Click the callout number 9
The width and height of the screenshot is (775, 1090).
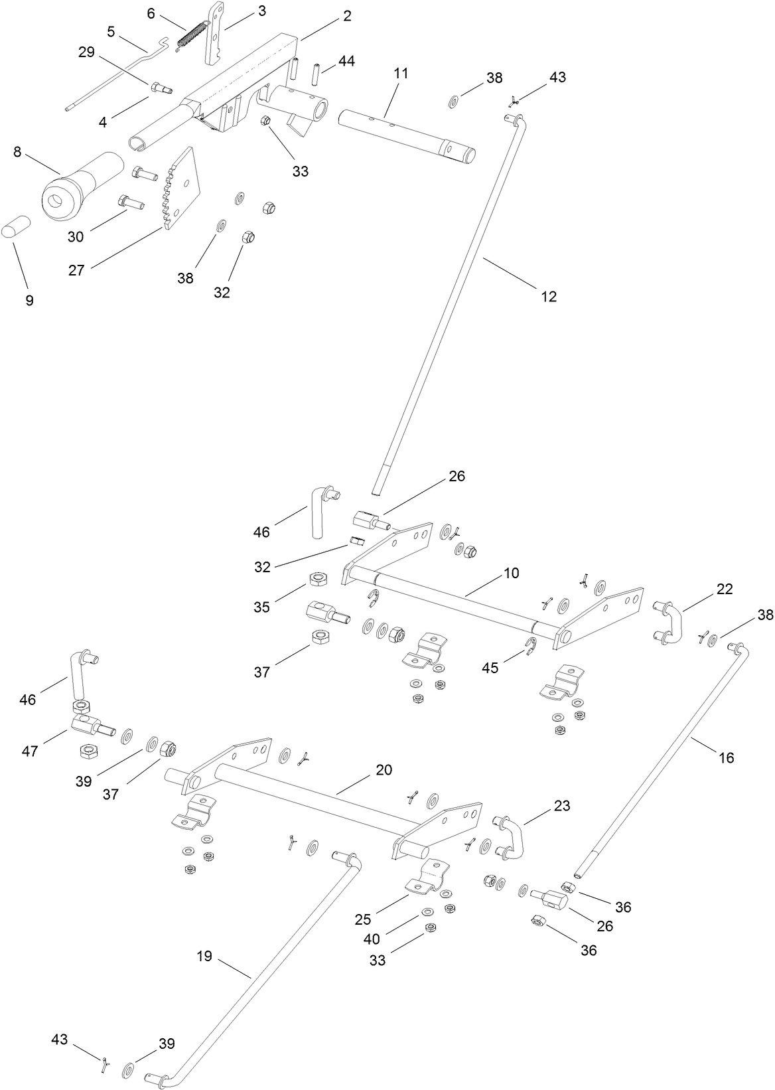[x=29, y=300]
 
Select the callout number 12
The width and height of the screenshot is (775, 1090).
[x=549, y=296]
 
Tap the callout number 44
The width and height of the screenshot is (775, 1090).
[x=346, y=61]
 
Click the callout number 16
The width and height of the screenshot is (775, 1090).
[x=727, y=757]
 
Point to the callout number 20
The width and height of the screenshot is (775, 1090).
[x=384, y=770]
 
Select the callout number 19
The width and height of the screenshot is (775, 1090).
[x=204, y=956]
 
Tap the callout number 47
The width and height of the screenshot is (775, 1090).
[x=30, y=751]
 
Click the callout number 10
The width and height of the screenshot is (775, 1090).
[x=511, y=572]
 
